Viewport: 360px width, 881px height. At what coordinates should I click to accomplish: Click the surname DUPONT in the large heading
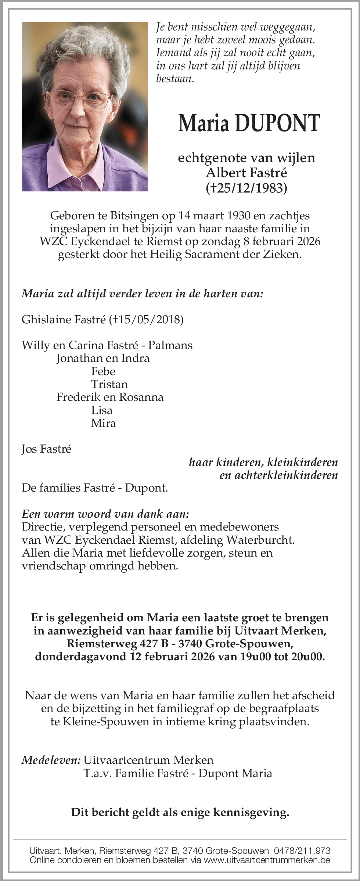278,123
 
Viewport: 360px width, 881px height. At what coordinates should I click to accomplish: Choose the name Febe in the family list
103,371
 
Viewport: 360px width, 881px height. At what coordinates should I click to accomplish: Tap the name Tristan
109,384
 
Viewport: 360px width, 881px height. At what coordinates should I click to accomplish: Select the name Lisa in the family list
102,410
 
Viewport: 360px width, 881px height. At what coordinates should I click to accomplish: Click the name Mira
103,423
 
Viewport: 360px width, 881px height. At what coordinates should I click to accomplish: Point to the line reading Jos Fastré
46,449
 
